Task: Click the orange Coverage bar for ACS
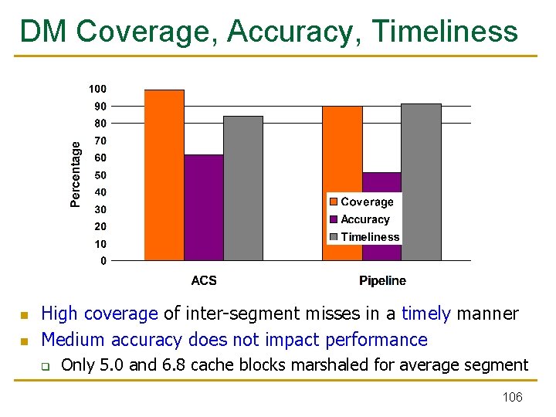pos(164,175)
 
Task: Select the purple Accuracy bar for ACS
pos(204,208)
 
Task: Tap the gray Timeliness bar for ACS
pos(243,188)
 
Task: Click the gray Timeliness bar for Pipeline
pos(422,182)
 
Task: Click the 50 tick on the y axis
pos(100,175)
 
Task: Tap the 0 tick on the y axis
pos(103,261)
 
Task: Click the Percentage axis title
pos(76,174)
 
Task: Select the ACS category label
pos(204,280)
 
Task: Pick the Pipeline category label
pos(382,280)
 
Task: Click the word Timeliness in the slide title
pos(445,32)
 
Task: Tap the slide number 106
pos(512,397)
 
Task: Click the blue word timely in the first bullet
pos(425,314)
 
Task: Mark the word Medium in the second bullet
pos(73,340)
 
